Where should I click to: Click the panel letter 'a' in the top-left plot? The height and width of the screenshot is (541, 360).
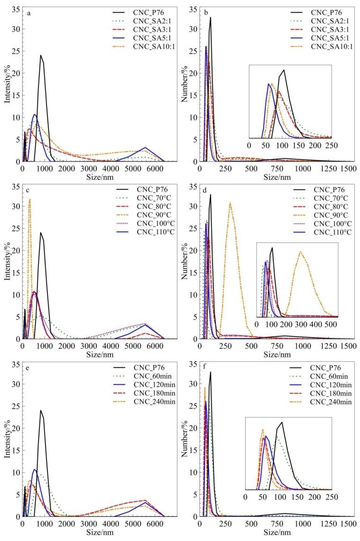tap(29, 14)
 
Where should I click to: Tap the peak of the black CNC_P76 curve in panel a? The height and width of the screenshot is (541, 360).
tap(41, 56)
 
